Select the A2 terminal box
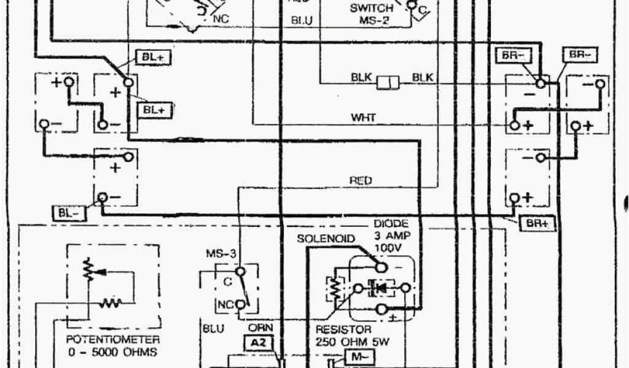[259, 343]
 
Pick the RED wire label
[361, 180]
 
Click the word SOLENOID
[326, 238]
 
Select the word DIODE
[391, 224]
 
